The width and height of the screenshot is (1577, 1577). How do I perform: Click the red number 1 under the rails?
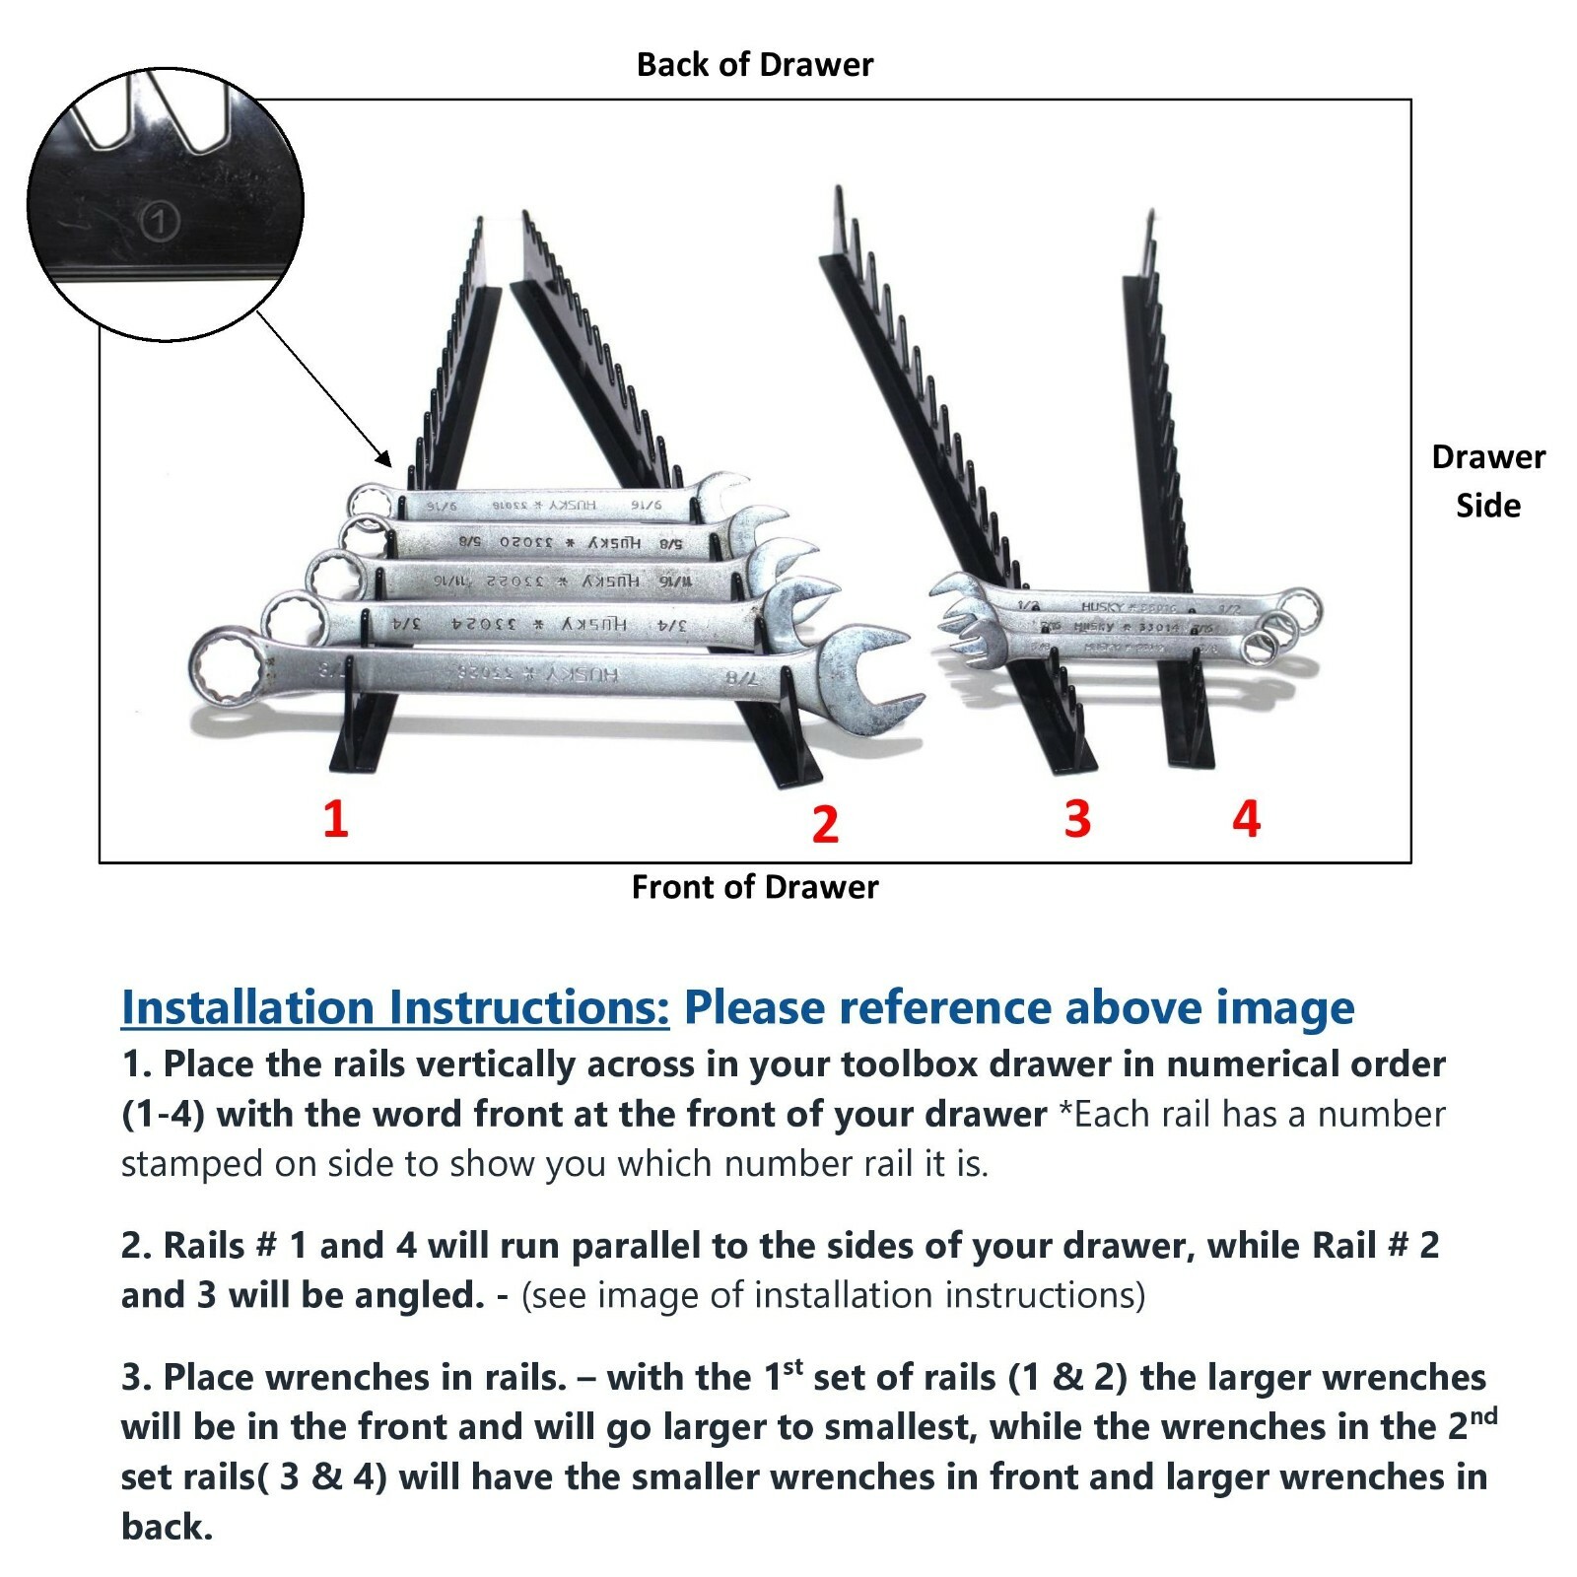335,819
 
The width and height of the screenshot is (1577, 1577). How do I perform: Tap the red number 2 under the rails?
825,824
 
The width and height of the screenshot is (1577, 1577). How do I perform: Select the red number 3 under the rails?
1077,819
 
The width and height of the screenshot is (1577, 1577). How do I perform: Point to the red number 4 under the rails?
1246,819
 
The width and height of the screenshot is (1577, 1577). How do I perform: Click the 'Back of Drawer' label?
754,65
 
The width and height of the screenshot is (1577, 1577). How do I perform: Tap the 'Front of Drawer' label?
754,887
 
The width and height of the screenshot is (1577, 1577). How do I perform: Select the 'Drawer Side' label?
1487,481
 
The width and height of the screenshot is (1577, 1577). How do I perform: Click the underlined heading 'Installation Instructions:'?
394,1007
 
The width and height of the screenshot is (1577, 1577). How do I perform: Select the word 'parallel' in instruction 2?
636,1246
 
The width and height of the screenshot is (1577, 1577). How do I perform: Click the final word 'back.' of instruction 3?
167,1527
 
